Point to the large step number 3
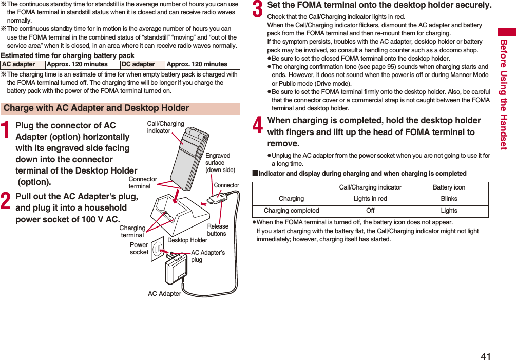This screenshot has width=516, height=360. pyautogui.click(x=258, y=9)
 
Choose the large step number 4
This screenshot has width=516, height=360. pyautogui.click(x=258, y=124)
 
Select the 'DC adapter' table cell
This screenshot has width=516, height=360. pyautogui.click(x=138, y=65)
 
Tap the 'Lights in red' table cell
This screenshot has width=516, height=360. pyautogui.click(x=370, y=199)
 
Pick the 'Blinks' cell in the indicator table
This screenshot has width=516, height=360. pyautogui.click(x=449, y=199)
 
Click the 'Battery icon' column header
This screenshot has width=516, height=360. pyautogui.click(x=449, y=187)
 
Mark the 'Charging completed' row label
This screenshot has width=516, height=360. pyautogui.click(x=291, y=211)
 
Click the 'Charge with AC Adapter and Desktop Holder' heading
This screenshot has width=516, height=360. pyautogui.click(x=97, y=108)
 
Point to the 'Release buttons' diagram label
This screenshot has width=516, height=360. pyautogui.click(x=217, y=230)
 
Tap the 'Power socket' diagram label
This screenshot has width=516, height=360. pyautogui.click(x=139, y=249)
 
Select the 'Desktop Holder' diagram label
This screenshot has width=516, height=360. pyautogui.click(x=187, y=240)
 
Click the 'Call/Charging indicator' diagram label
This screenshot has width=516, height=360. pyautogui.click(x=165, y=127)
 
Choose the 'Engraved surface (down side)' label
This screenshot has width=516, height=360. pyautogui.click(x=220, y=162)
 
